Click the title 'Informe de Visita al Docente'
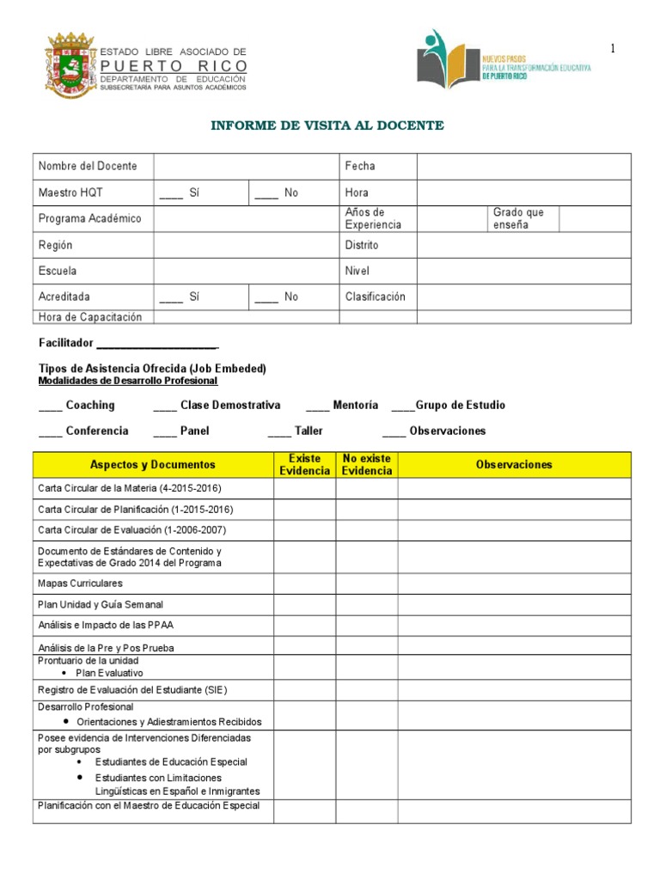click(x=327, y=125)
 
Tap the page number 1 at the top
click(x=613, y=49)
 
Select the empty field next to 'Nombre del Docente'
click(x=247, y=167)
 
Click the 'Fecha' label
click(x=360, y=167)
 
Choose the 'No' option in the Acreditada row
click(x=277, y=296)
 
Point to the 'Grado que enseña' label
click(x=518, y=218)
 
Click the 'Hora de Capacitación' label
click(x=90, y=317)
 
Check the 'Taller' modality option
click(x=295, y=431)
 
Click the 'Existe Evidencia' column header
click(x=304, y=465)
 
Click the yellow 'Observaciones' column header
click(x=514, y=465)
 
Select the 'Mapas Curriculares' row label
click(x=81, y=584)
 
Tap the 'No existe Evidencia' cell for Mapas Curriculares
click(x=366, y=584)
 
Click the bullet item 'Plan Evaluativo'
click(x=109, y=673)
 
